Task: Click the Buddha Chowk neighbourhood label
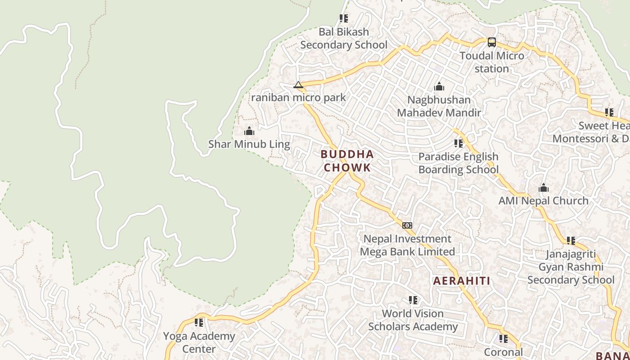(x=347, y=161)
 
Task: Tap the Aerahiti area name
(x=462, y=281)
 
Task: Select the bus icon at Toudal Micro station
(x=492, y=42)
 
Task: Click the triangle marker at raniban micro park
(x=298, y=85)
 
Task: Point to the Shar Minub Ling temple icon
(x=249, y=131)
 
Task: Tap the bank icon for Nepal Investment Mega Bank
(x=407, y=225)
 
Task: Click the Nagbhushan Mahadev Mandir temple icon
(x=439, y=86)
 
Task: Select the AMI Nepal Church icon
(x=544, y=188)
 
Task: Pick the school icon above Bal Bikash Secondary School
(x=344, y=18)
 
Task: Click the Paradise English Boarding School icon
(x=459, y=144)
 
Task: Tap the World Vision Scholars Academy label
(x=413, y=320)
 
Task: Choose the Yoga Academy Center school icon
(x=199, y=323)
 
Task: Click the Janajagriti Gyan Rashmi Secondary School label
(x=571, y=267)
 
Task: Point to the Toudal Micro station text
(x=492, y=62)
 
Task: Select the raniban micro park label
(x=298, y=97)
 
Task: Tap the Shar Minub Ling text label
(x=249, y=144)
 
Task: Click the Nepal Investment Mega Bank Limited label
(x=407, y=245)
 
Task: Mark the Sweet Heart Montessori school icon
(x=609, y=112)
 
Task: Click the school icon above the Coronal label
(x=503, y=338)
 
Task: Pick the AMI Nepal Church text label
(x=543, y=201)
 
